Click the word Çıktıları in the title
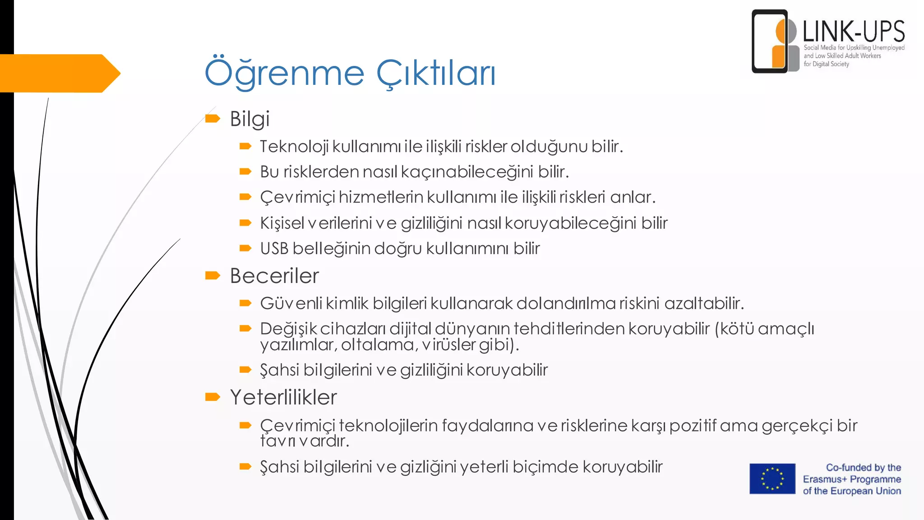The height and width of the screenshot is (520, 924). coord(436,74)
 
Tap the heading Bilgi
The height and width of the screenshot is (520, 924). coord(249,119)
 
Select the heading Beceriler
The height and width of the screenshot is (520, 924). coord(274,276)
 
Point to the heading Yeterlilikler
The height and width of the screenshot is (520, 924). coord(283,398)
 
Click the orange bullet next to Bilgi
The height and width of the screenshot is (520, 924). coord(213,119)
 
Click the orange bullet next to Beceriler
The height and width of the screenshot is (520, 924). coord(213,275)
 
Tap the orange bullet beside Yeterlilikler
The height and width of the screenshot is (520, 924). coord(213,397)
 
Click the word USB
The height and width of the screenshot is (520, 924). coord(274,249)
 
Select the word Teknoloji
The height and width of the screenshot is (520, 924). coord(294,147)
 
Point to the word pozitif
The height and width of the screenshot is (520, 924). coord(693,426)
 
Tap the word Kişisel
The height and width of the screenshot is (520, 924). coord(282,223)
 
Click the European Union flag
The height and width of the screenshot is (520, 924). coord(772,479)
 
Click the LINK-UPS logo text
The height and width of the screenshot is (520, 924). coord(854,32)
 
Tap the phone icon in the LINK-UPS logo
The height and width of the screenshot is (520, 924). coord(769,42)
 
